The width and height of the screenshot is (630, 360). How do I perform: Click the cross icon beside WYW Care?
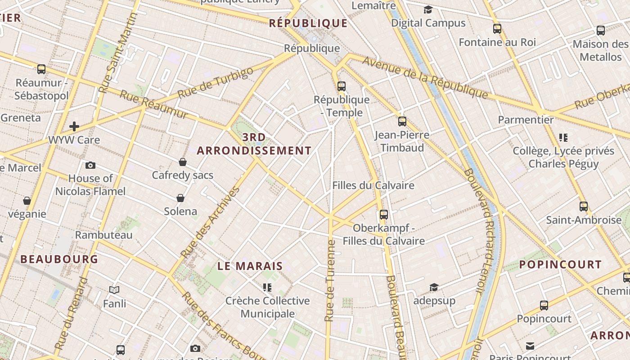click(74, 126)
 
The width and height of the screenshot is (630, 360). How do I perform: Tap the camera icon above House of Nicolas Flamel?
click(90, 165)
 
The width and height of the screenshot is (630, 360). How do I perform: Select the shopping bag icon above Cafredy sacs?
click(183, 162)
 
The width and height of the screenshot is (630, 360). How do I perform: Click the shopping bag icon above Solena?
click(180, 198)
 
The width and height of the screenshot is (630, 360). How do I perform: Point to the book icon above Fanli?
click(114, 290)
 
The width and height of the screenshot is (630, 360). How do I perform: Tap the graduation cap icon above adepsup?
click(434, 287)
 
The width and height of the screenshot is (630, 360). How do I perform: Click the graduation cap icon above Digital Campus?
click(427, 9)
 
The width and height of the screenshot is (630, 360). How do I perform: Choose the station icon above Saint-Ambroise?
click(584, 207)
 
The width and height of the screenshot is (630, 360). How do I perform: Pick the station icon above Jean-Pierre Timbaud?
click(402, 121)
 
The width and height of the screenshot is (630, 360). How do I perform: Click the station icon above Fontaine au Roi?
click(497, 29)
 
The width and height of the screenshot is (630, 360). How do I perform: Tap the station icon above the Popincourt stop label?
click(544, 306)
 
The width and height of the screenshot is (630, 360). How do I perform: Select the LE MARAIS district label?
click(250, 266)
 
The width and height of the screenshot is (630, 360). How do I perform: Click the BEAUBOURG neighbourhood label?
click(59, 259)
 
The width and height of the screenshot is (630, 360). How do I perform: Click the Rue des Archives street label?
click(211, 222)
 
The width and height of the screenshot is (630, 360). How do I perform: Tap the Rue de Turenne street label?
click(330, 281)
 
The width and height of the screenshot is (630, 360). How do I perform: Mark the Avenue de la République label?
click(425, 77)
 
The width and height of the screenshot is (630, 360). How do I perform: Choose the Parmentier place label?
click(526, 120)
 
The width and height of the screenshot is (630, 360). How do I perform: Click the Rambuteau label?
click(104, 235)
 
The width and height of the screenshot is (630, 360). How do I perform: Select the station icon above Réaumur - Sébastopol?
click(41, 69)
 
